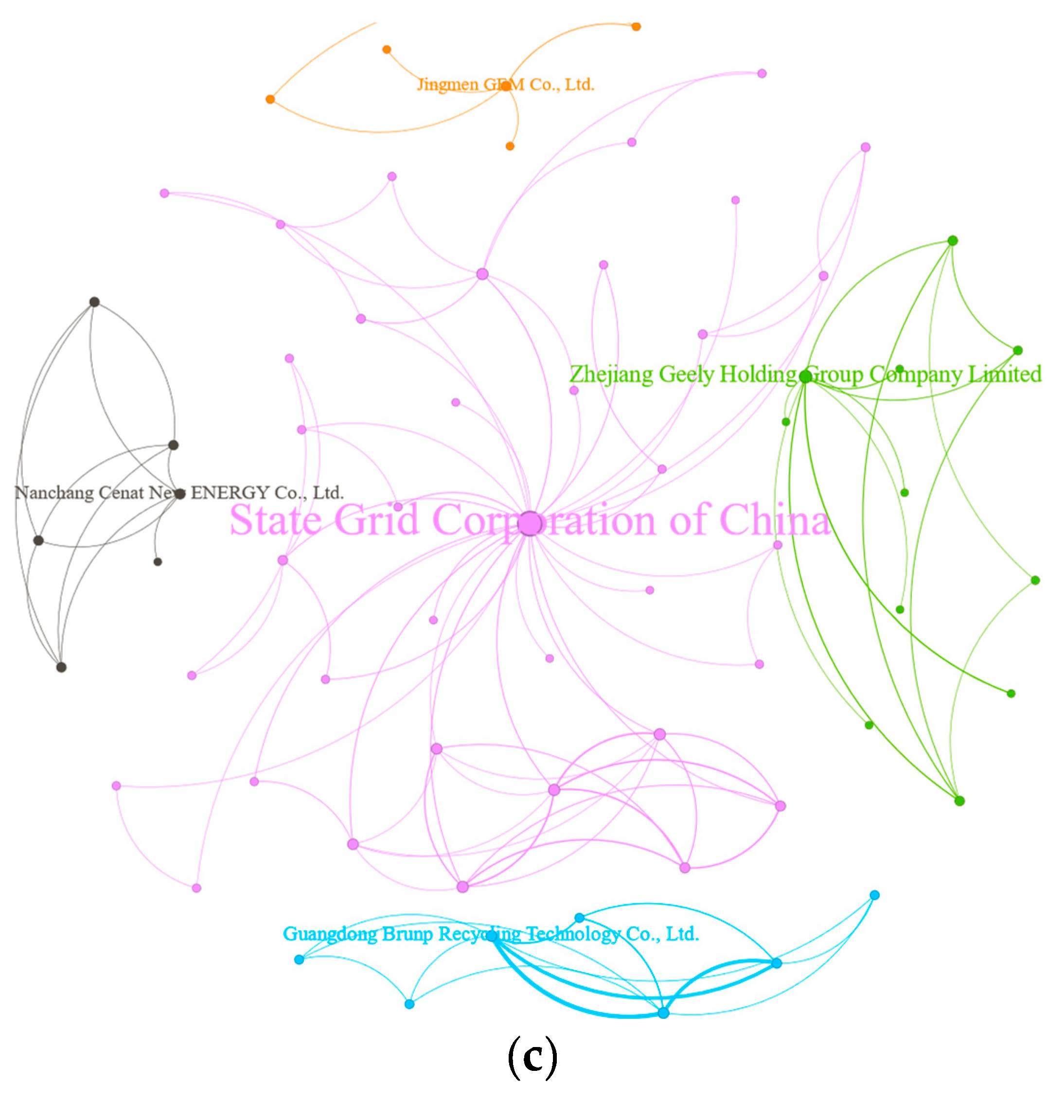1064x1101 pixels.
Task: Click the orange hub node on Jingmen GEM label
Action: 506,86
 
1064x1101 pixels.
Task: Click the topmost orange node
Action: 636,26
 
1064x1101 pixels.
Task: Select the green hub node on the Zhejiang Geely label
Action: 806,376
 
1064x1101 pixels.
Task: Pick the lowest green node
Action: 959,800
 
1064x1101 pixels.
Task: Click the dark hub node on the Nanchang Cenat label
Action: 180,494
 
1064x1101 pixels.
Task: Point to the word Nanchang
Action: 54,493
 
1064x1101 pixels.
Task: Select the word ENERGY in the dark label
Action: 230,493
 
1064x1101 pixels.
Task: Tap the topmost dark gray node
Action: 94,302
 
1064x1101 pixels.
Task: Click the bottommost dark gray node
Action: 61,667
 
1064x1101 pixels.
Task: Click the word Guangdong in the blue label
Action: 330,934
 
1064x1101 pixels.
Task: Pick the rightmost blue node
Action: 874,895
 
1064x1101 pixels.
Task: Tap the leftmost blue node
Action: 299,959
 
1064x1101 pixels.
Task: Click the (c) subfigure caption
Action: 532,1057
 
